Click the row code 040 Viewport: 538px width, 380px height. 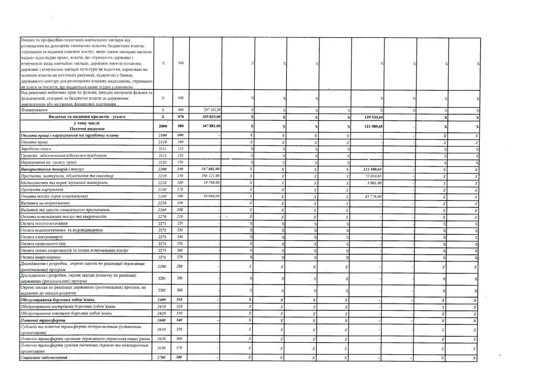click(181, 63)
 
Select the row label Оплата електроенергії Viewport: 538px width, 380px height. click(41, 237)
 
